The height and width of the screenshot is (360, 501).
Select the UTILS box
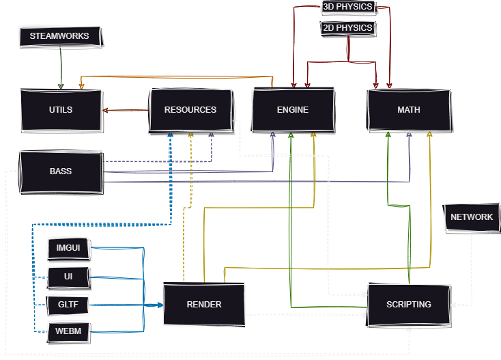tap(61, 110)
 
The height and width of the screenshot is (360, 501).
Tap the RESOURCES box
tap(190, 110)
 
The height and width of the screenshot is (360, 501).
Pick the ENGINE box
tap(293, 110)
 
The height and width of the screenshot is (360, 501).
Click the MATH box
tap(409, 110)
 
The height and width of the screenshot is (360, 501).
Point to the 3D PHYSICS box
tap(347, 7)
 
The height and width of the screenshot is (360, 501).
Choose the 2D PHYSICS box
tap(347, 28)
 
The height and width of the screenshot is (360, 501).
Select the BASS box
tap(61, 171)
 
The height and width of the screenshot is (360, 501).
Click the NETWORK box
tap(472, 217)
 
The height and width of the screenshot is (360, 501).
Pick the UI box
tap(68, 277)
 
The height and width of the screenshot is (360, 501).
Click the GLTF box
tap(68, 305)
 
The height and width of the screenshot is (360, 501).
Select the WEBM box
tap(68, 332)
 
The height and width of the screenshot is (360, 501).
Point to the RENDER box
tap(203, 305)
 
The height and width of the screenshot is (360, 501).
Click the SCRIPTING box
tap(409, 305)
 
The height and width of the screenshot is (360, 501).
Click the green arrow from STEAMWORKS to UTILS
tap(61, 68)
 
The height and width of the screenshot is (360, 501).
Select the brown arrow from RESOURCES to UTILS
tap(126, 110)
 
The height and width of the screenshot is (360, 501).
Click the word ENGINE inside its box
tap(293, 110)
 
